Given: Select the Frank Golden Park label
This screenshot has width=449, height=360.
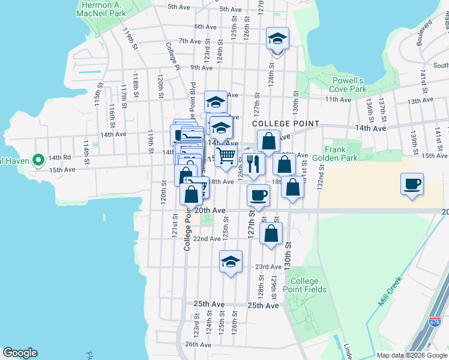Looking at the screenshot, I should pos(341,154).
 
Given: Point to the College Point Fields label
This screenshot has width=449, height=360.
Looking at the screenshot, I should pos(309,285).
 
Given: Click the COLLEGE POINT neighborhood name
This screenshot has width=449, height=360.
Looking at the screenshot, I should pos(285,123).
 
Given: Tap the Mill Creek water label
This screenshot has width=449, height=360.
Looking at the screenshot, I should pos(390,291).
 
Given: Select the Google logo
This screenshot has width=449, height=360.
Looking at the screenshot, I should pos(20,353).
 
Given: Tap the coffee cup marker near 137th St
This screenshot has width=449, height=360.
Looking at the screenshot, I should pos(412,184).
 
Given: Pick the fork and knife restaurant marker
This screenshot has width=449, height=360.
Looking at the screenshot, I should pos(253,163).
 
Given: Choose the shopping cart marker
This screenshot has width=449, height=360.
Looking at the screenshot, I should pos(226,157).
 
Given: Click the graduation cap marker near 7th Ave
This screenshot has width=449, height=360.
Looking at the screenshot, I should pos(277,40).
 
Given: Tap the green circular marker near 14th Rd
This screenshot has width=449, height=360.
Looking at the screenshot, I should pos(38,160).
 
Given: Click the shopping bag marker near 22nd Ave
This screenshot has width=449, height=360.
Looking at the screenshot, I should pos(271,233).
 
